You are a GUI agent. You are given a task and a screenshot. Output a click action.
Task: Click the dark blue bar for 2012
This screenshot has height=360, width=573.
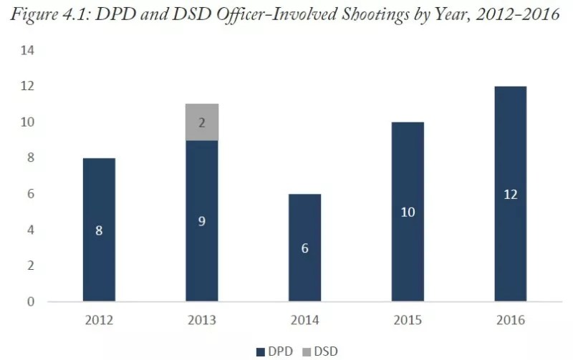(x=99, y=229)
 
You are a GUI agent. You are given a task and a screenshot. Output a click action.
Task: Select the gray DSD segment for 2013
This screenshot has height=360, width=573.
(x=202, y=122)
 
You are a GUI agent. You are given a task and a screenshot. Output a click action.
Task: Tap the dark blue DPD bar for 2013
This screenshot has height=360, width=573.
(x=202, y=220)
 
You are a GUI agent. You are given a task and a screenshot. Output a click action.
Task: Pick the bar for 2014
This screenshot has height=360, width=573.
(x=305, y=247)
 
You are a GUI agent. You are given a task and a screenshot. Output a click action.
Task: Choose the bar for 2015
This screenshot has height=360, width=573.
(x=408, y=211)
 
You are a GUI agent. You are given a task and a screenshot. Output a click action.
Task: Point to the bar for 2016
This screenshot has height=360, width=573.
(x=511, y=193)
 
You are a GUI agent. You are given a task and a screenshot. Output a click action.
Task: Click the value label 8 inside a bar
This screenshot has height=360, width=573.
(x=99, y=230)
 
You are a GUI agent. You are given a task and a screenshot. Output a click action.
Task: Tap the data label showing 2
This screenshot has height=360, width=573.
(x=202, y=122)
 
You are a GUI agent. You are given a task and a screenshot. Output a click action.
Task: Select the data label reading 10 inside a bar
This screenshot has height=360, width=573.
(x=408, y=212)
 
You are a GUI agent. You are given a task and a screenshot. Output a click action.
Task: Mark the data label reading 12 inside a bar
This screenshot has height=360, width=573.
(x=511, y=194)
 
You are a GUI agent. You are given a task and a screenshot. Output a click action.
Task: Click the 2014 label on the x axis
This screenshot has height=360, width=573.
(x=305, y=320)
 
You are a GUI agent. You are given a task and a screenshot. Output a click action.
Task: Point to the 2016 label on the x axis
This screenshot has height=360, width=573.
(x=511, y=320)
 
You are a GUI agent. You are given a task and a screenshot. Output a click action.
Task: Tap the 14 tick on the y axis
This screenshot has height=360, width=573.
(x=29, y=51)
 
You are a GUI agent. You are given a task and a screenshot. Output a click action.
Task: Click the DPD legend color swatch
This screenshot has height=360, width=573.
(x=261, y=351)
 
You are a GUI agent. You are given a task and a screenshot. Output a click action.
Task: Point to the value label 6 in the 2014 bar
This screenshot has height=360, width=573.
(x=305, y=248)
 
